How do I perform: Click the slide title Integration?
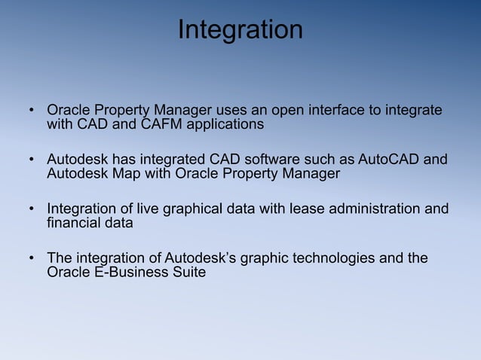point(240,30)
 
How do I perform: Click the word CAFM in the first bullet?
point(160,125)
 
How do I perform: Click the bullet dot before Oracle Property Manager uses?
point(32,111)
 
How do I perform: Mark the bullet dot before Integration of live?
point(32,209)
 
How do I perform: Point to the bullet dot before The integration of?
point(32,259)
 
